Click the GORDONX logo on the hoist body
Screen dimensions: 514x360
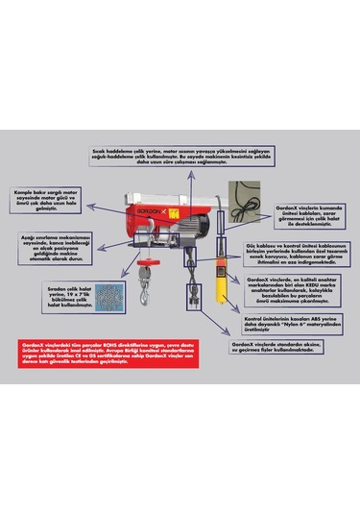tap(146, 209)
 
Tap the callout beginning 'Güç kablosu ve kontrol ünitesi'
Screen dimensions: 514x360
tap(292, 252)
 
